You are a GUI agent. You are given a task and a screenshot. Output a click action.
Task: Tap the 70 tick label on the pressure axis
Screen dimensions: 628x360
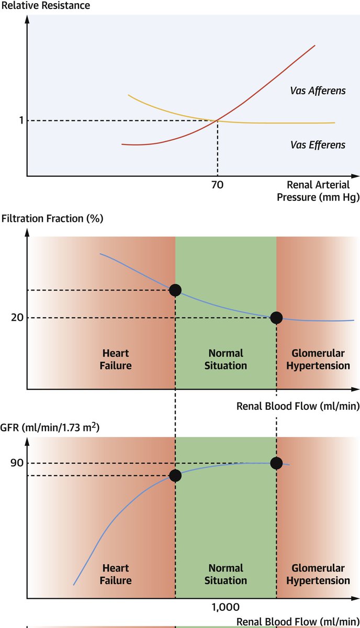(x=218, y=185)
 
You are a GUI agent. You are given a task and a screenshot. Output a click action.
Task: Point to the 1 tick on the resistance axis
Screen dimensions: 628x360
(x=21, y=121)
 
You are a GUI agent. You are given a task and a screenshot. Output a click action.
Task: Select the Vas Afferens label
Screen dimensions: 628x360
(x=318, y=91)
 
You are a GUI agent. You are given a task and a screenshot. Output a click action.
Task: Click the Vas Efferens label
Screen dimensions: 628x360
(x=318, y=145)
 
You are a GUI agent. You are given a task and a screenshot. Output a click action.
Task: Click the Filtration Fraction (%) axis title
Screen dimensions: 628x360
(x=52, y=218)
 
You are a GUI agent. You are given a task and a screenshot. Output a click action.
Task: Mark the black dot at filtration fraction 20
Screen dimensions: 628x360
(x=276, y=318)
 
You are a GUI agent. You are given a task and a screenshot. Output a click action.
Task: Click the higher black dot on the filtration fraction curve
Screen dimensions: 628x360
(x=175, y=290)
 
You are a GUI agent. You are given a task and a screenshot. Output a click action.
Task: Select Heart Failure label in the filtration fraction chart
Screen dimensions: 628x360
(x=116, y=360)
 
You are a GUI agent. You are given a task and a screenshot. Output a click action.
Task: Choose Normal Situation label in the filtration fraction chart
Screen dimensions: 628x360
(x=226, y=360)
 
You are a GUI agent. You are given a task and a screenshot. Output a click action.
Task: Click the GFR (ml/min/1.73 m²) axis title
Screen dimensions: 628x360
(x=50, y=428)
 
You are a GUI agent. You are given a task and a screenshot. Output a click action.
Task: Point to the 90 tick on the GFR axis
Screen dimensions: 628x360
(x=16, y=463)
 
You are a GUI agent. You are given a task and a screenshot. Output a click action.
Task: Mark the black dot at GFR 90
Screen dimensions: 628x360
(x=276, y=463)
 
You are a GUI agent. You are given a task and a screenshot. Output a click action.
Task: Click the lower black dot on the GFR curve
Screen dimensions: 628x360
(x=175, y=475)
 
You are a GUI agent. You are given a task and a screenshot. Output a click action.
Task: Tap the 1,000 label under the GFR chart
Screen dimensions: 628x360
(x=226, y=607)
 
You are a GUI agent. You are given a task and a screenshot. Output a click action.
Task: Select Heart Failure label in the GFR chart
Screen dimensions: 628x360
(x=116, y=574)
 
